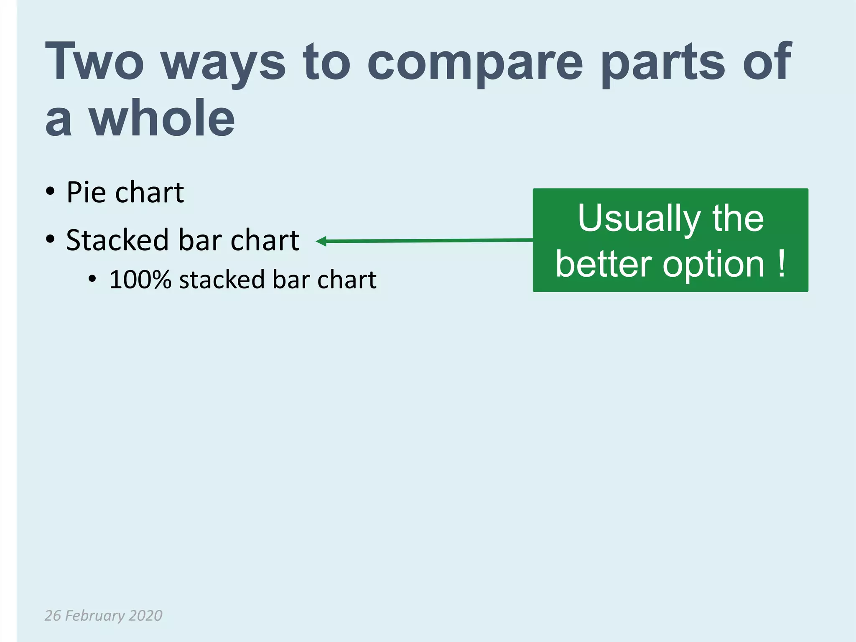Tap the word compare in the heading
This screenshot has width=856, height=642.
click(475, 63)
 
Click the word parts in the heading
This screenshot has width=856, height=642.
click(663, 63)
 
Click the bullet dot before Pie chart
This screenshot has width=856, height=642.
click(51, 192)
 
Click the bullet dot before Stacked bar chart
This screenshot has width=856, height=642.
click(51, 239)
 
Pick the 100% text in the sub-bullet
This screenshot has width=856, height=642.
click(140, 279)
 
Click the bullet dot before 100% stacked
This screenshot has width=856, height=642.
click(92, 279)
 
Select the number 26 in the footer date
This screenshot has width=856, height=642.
click(53, 615)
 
